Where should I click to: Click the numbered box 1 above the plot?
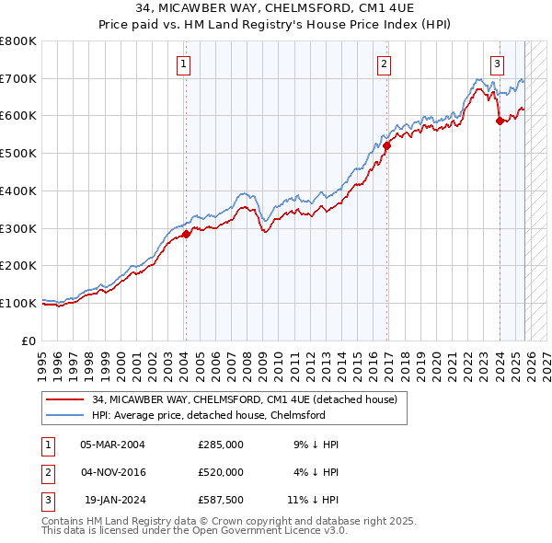185,64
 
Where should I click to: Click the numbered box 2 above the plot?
384,64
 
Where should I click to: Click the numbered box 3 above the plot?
497,64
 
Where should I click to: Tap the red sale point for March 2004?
186,234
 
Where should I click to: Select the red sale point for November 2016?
387,144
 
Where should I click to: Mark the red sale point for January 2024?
500,120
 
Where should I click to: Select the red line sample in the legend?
65,400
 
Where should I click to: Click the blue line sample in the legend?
65,415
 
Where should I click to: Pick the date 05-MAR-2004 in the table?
112,445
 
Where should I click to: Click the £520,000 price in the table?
221,472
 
